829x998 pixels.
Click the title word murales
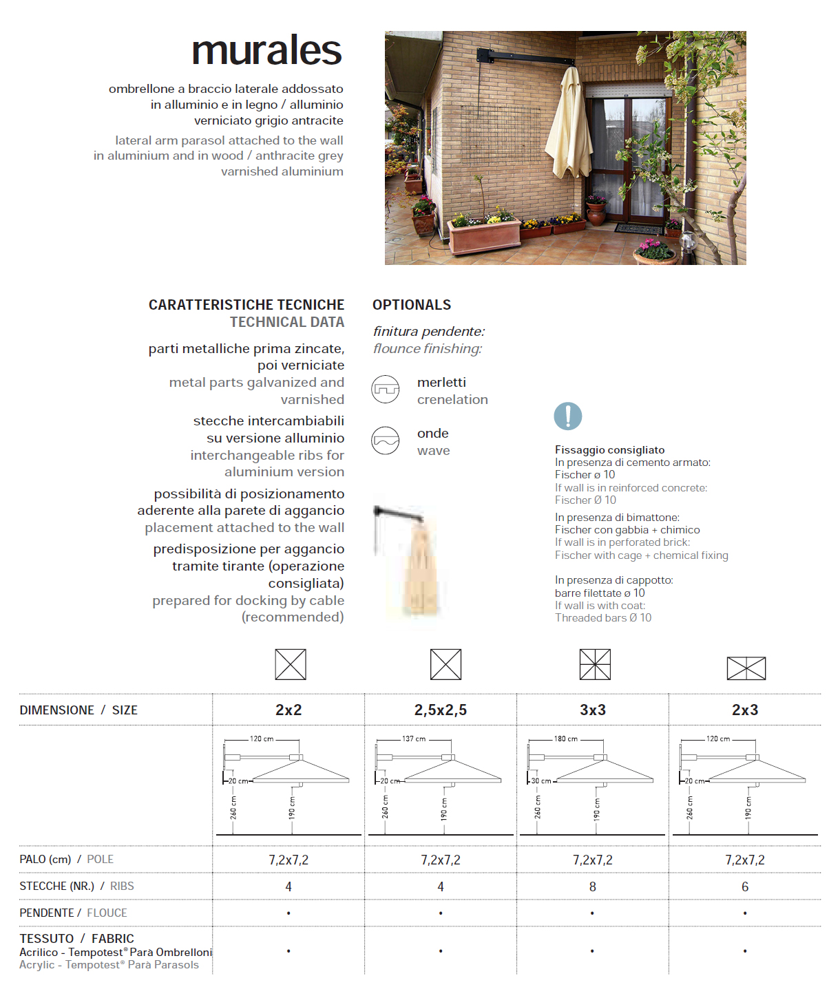(266, 51)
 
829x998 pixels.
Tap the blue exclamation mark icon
(568, 416)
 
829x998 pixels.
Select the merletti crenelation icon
(386, 390)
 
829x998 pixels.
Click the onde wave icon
(386, 440)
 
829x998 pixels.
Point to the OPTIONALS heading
(412, 305)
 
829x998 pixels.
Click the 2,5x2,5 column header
(441, 710)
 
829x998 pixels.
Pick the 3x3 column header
(593, 710)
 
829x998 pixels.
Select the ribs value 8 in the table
(593, 887)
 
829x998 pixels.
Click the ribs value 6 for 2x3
(745, 887)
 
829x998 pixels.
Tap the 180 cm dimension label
(566, 739)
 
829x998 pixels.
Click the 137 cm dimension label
(414, 739)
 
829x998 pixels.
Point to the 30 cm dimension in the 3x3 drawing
(541, 781)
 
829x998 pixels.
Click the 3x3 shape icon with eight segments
(595, 665)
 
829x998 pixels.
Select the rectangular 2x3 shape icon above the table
(746, 668)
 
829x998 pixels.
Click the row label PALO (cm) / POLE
(67, 860)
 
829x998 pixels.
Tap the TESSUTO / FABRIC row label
(77, 939)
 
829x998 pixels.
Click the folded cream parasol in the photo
(569, 127)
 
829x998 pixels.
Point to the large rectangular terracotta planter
(485, 235)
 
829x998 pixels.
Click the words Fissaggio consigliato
(610, 450)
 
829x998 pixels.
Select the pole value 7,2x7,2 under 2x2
(288, 860)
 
